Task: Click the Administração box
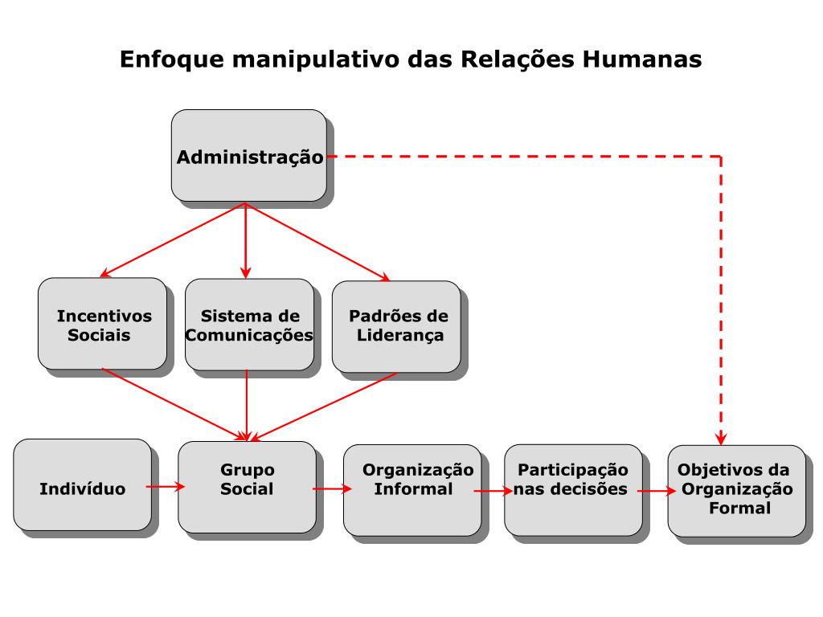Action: point(249,156)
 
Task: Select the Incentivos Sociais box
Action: point(102,324)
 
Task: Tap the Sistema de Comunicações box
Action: point(249,325)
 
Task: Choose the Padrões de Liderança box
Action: point(396,326)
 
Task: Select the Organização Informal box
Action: point(412,489)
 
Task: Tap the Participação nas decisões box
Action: point(573,489)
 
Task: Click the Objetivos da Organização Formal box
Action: point(736,490)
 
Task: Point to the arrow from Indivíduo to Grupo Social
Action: point(166,486)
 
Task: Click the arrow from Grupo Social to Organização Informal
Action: point(330,488)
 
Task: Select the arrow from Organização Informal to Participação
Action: point(493,489)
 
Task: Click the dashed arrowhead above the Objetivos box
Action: point(721,438)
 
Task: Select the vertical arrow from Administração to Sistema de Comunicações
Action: point(246,241)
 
